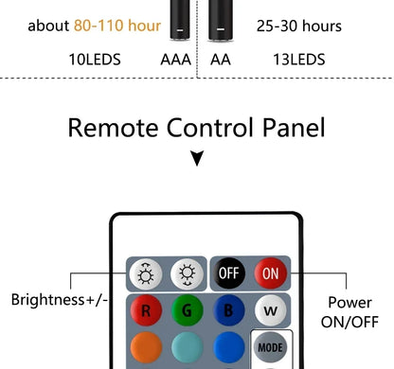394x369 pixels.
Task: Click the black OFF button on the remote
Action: pyautogui.click(x=227, y=274)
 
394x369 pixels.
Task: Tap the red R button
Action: pyautogui.click(x=146, y=310)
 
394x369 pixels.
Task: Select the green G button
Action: pyautogui.click(x=188, y=310)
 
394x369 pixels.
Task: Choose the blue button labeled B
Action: pyautogui.click(x=228, y=310)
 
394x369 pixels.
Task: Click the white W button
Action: pyautogui.click(x=268, y=310)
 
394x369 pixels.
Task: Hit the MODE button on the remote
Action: pyautogui.click(x=268, y=347)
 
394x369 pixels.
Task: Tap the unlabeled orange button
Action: pyautogui.click(x=146, y=347)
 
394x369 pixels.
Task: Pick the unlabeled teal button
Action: pyautogui.click(x=188, y=347)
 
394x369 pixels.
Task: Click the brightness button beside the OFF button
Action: pyautogui.click(x=188, y=274)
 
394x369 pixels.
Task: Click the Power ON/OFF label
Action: pyautogui.click(x=349, y=312)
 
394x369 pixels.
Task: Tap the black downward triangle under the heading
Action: pyautogui.click(x=196, y=160)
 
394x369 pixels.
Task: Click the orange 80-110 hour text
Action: pyautogui.click(x=117, y=25)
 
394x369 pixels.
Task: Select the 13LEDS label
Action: pyautogui.click(x=298, y=60)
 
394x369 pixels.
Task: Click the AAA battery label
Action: pyautogui.click(x=175, y=60)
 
